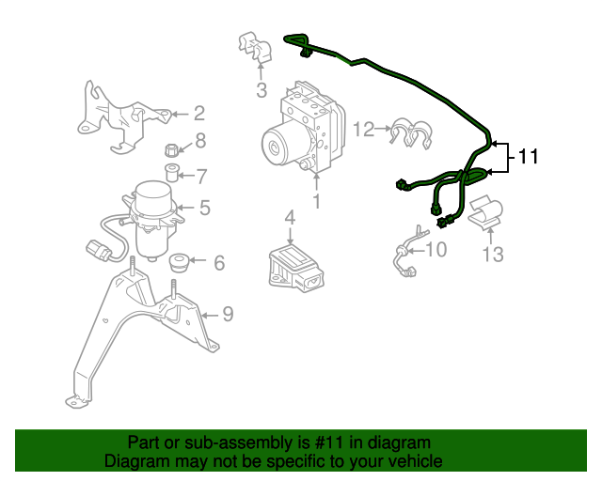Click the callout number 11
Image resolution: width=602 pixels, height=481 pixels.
[x=529, y=157]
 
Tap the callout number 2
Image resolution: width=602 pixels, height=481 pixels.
[x=199, y=114]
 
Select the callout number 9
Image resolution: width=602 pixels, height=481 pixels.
[x=228, y=314]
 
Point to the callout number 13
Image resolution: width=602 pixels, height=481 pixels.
[x=493, y=255]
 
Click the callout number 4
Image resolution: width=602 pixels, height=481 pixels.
[x=291, y=217]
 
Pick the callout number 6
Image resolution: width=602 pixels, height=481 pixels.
[x=219, y=263]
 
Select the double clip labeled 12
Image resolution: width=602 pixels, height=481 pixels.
[x=411, y=133]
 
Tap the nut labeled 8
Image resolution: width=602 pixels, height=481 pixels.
[x=171, y=150]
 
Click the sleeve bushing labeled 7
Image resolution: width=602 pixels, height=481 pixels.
[x=171, y=174]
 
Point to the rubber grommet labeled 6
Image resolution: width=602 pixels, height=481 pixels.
[x=179, y=262]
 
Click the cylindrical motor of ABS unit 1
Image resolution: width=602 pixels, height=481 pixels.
[x=282, y=145]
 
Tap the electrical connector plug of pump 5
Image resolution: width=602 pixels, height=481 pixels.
[x=99, y=250]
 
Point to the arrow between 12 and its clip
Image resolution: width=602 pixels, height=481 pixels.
[x=383, y=129]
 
